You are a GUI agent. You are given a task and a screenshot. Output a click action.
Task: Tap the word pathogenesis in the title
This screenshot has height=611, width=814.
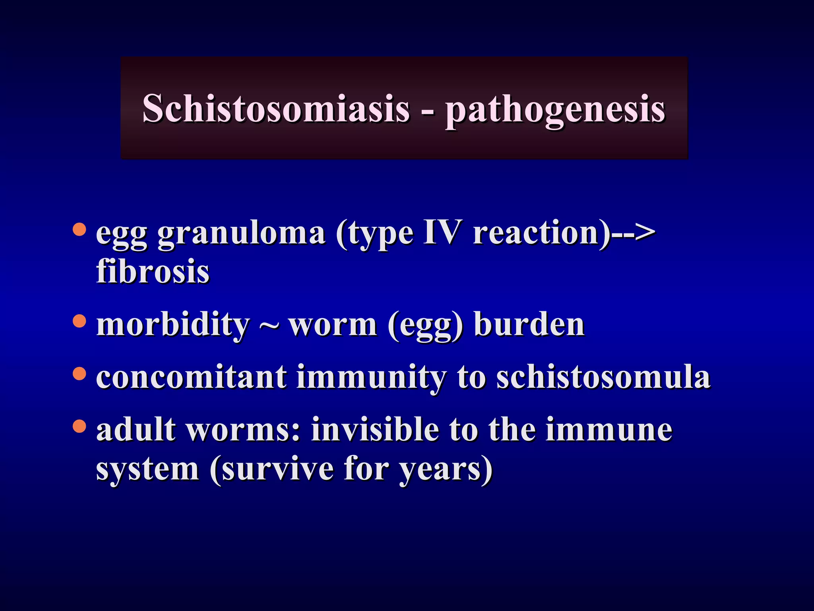coord(555,109)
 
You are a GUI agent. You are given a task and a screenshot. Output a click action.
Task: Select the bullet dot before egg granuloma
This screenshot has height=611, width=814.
coord(79,230)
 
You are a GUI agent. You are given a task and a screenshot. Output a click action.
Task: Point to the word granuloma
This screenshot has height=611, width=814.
coord(242,234)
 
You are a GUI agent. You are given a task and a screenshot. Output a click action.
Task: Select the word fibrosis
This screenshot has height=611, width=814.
coord(153,271)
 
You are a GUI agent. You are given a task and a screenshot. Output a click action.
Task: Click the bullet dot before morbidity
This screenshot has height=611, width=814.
coord(79,321)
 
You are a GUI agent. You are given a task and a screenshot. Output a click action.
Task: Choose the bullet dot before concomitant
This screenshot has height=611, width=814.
coord(79,373)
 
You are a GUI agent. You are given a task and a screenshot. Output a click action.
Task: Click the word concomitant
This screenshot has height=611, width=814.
coord(191,377)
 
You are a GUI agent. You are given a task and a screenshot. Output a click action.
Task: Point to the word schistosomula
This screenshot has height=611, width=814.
coord(603,377)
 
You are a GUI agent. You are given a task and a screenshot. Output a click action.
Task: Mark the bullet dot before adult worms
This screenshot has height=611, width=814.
coord(79,426)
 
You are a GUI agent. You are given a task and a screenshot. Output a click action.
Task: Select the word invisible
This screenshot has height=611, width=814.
coord(375,430)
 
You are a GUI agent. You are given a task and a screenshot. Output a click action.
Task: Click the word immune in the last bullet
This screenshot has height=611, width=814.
coord(609,430)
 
